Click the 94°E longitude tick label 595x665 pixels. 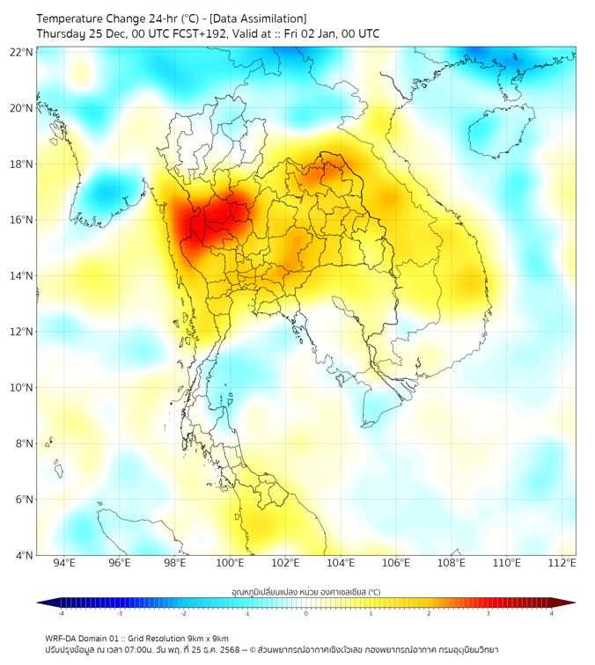(x=64, y=564)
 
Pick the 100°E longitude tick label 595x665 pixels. (x=231, y=564)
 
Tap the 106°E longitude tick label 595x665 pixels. (x=396, y=564)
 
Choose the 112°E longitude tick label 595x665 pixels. (x=562, y=564)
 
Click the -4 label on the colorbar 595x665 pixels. (x=60, y=615)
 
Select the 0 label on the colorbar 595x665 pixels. (x=306, y=615)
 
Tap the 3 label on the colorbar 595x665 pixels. (x=489, y=615)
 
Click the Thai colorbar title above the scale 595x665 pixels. (x=305, y=591)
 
